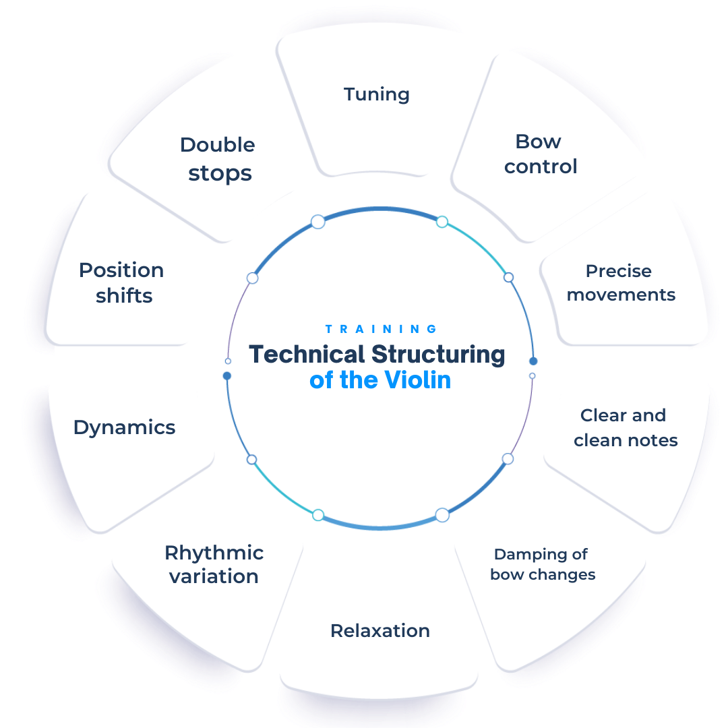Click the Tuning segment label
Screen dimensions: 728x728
(377, 94)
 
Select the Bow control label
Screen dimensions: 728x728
(541, 154)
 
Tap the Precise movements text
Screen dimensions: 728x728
(621, 283)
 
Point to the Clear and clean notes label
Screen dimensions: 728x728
(626, 428)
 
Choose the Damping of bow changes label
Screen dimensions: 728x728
(543, 564)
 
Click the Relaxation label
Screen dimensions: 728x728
(380, 631)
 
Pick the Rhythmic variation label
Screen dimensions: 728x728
(214, 564)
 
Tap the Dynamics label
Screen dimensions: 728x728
(125, 427)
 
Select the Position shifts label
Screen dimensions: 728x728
(122, 282)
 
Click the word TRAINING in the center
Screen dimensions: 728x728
(382, 329)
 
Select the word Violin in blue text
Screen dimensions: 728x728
(418, 380)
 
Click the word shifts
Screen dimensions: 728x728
(124, 295)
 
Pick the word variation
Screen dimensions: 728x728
(214, 576)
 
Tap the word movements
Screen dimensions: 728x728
(621, 295)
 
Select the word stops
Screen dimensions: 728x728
(220, 173)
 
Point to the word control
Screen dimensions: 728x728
(541, 166)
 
